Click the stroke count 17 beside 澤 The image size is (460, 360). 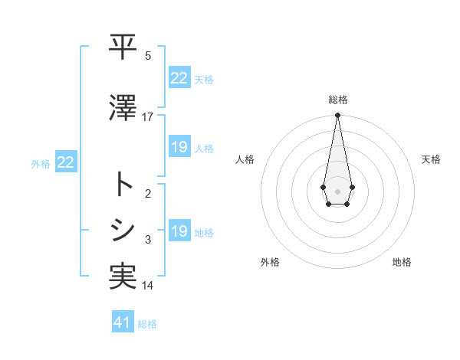point(148,117)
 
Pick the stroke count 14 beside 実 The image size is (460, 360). point(148,286)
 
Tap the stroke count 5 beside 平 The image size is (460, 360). point(148,56)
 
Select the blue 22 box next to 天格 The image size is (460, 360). point(179,78)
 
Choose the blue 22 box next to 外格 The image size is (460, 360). point(66,162)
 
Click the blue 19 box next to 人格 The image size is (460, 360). point(179,147)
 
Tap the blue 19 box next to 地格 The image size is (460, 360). point(179,231)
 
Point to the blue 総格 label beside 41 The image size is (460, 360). point(147,324)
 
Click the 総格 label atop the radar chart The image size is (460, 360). point(337,100)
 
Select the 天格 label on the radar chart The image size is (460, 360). point(432,159)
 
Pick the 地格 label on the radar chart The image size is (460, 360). point(402,262)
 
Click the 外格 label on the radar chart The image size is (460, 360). point(270,262)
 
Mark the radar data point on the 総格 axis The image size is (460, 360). point(337,116)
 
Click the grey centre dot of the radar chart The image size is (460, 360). point(337,190)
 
